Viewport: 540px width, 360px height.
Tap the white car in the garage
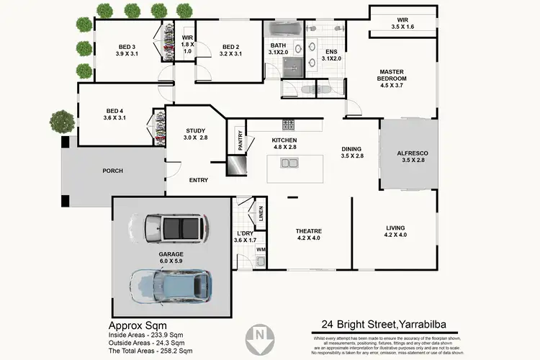click(172, 228)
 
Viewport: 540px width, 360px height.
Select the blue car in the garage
click(171, 285)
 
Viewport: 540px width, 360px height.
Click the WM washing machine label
click(261, 250)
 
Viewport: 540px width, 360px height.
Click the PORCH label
click(113, 171)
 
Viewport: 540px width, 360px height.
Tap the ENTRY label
click(199, 180)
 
